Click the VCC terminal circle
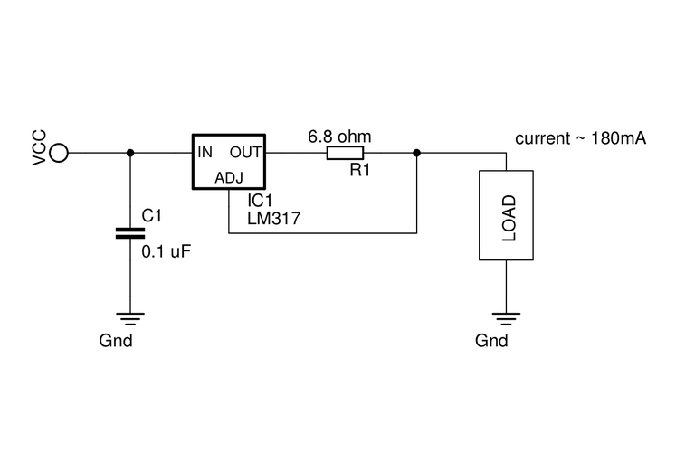pyautogui.click(x=59, y=153)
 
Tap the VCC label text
pyautogui.click(x=39, y=147)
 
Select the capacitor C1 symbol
pyautogui.click(x=130, y=233)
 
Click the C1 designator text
pyautogui.click(x=152, y=216)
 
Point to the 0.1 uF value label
pyautogui.click(x=167, y=252)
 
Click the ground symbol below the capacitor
pyautogui.click(x=130, y=316)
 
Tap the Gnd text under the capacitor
pyautogui.click(x=116, y=341)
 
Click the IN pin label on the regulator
pyautogui.click(x=205, y=152)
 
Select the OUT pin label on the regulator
pyautogui.click(x=245, y=152)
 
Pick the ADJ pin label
pyautogui.click(x=230, y=178)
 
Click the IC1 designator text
pyautogui.click(x=262, y=200)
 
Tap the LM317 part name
pyautogui.click(x=274, y=218)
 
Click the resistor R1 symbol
pyautogui.click(x=345, y=153)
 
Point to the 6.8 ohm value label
pyautogui.click(x=339, y=137)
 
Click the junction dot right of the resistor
pyautogui.click(x=416, y=153)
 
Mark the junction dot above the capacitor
pyautogui.click(x=130, y=153)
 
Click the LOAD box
pyautogui.click(x=506, y=216)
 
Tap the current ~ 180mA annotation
pyautogui.click(x=580, y=138)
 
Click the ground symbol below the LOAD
pyautogui.click(x=506, y=316)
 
